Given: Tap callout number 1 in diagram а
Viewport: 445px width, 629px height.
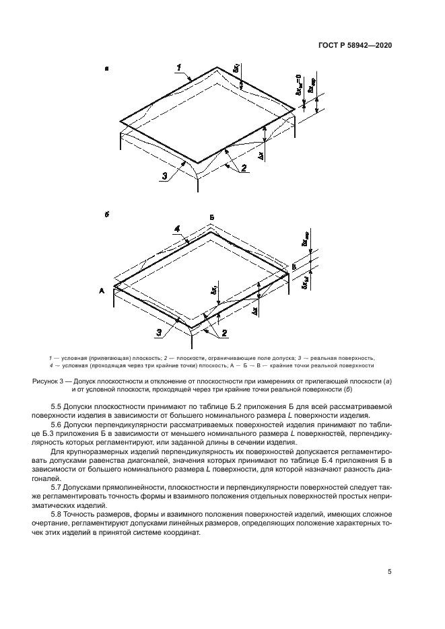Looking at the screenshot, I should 180,67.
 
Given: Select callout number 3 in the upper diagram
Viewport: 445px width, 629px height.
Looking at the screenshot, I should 164,176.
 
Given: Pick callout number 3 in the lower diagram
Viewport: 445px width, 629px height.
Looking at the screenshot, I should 159,332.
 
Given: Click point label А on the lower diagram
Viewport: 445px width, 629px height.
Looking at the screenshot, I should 102,291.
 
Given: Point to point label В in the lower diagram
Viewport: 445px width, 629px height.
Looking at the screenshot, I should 294,268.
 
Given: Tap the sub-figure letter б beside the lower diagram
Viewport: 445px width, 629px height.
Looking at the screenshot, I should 107,214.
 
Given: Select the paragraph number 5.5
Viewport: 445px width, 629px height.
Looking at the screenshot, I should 57,407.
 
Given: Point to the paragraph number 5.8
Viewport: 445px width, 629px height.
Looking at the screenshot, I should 57,515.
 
